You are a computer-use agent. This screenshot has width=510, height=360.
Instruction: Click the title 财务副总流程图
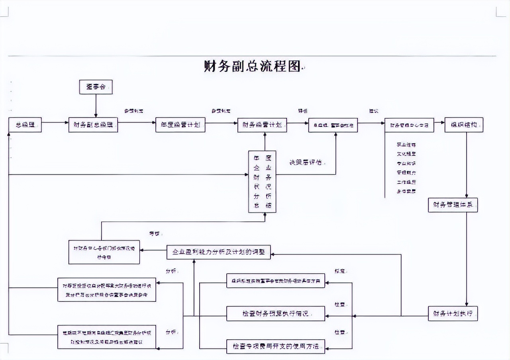pos(252,66)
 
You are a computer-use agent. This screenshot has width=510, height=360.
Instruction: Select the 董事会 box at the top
pos(96,87)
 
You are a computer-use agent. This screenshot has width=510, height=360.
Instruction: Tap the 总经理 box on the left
pos(25,125)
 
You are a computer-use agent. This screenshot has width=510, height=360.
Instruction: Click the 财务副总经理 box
pos(93,125)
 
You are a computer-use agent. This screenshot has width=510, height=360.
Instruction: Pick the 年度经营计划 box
pos(180,125)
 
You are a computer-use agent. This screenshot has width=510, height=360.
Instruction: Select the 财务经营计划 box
pos(262,125)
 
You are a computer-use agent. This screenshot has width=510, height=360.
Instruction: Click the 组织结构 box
pos(464,125)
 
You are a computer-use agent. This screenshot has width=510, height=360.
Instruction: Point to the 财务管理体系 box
pos(453,205)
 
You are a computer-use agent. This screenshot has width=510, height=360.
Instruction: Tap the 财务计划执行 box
pos(453,313)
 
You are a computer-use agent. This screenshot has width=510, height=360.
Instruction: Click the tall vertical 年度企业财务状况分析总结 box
pos(262,182)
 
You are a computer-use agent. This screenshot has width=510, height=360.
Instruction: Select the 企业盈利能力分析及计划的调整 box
pos(218,252)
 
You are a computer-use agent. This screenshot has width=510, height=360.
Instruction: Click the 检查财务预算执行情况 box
pos(276,313)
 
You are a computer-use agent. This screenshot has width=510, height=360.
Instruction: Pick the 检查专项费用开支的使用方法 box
pos(276,346)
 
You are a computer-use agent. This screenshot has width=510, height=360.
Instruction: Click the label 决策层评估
pos(306,162)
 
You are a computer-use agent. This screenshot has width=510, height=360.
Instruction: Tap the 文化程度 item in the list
pos(406,154)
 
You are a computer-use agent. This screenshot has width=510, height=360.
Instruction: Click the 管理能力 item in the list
pos(406,172)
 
